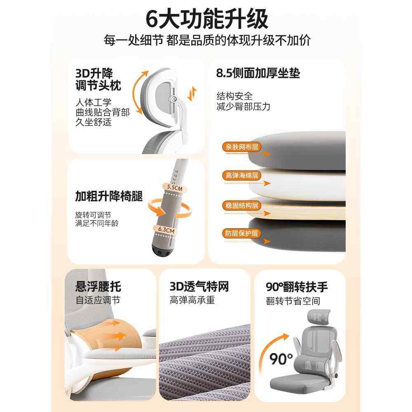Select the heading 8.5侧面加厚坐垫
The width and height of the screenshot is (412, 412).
point(258,74)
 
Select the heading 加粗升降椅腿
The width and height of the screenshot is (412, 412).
point(109,197)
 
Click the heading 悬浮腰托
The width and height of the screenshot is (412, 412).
point(98,286)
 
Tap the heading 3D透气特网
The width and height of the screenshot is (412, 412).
point(199,286)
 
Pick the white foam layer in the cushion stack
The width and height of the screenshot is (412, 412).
point(305,181)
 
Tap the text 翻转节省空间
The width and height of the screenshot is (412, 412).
point(293,301)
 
